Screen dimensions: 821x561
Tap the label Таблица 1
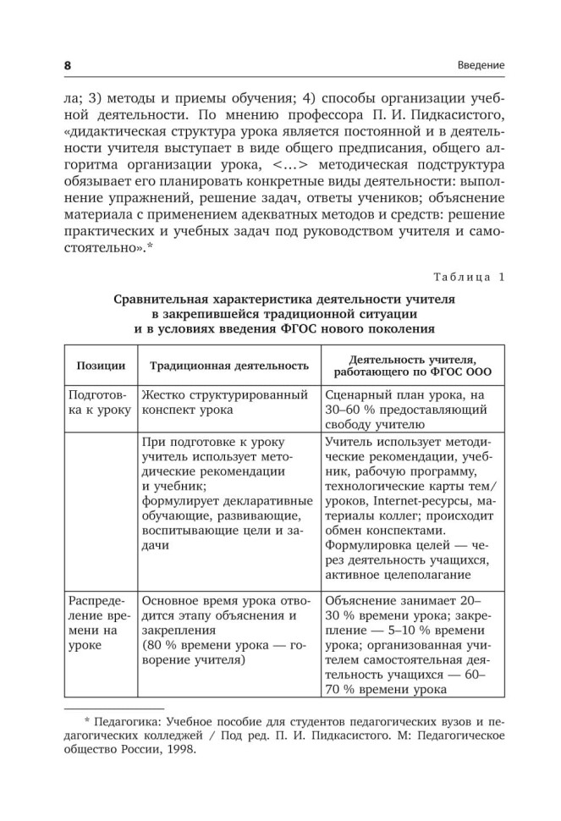click(x=466, y=277)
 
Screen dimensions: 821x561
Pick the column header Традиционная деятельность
click(x=228, y=366)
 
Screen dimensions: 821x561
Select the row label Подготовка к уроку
click(x=99, y=403)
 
